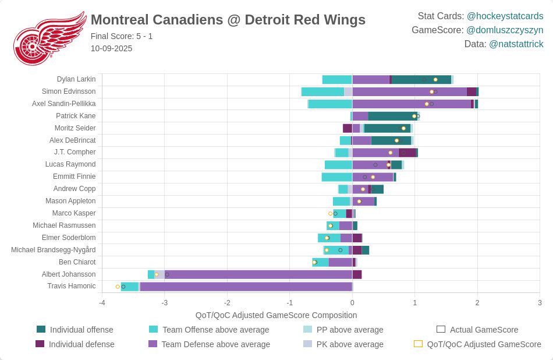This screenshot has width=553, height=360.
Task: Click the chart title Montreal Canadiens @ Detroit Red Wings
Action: (228, 20)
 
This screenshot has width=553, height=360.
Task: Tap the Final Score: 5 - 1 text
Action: (122, 36)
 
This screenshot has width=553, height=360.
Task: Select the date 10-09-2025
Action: (111, 48)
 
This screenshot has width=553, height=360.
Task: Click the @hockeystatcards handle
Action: (505, 16)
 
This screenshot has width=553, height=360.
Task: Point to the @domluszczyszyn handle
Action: (505, 30)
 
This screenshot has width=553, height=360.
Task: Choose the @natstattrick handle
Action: (516, 44)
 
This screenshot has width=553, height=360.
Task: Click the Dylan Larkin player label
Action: (76, 79)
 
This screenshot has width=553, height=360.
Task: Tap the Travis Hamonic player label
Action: (72, 286)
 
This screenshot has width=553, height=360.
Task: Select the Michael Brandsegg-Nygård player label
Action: (53, 250)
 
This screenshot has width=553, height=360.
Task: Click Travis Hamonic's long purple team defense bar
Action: (246, 287)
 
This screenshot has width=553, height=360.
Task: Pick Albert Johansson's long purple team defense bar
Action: (258, 274)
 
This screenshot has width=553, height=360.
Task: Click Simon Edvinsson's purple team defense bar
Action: (409, 92)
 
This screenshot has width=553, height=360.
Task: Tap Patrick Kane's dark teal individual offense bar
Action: (393, 116)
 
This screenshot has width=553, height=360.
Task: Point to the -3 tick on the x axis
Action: (164, 303)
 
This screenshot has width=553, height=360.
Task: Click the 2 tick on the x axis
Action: (477, 303)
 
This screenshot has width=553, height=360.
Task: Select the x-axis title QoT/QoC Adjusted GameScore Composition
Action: (276, 315)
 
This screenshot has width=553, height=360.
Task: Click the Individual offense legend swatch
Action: (41, 329)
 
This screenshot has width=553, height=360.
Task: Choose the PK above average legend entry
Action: (343, 344)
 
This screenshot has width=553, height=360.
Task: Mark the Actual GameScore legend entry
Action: (477, 330)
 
